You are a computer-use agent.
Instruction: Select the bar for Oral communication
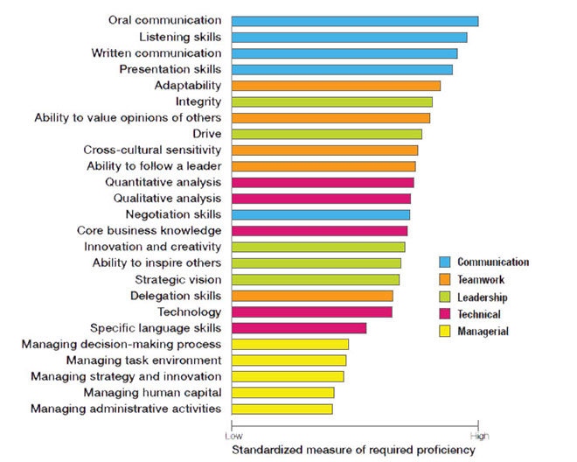point(355,20)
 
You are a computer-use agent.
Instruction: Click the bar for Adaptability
point(336,85)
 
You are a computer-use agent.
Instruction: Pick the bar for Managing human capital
point(283,393)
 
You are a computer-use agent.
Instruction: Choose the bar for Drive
point(327,134)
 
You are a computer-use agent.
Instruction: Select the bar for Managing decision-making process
point(290,344)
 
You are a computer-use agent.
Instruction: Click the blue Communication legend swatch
point(443,262)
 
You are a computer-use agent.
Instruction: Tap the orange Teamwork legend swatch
point(443,279)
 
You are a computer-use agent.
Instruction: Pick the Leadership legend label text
point(483,297)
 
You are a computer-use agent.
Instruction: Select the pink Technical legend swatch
point(443,314)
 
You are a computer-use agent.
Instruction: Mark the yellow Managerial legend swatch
point(443,332)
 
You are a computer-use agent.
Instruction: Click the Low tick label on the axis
point(233,435)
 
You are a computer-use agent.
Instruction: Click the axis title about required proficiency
point(353,450)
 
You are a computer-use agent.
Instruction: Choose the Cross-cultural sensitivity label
point(152,150)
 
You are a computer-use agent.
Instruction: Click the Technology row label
point(189,311)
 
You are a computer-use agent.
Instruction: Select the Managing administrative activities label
point(126,409)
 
